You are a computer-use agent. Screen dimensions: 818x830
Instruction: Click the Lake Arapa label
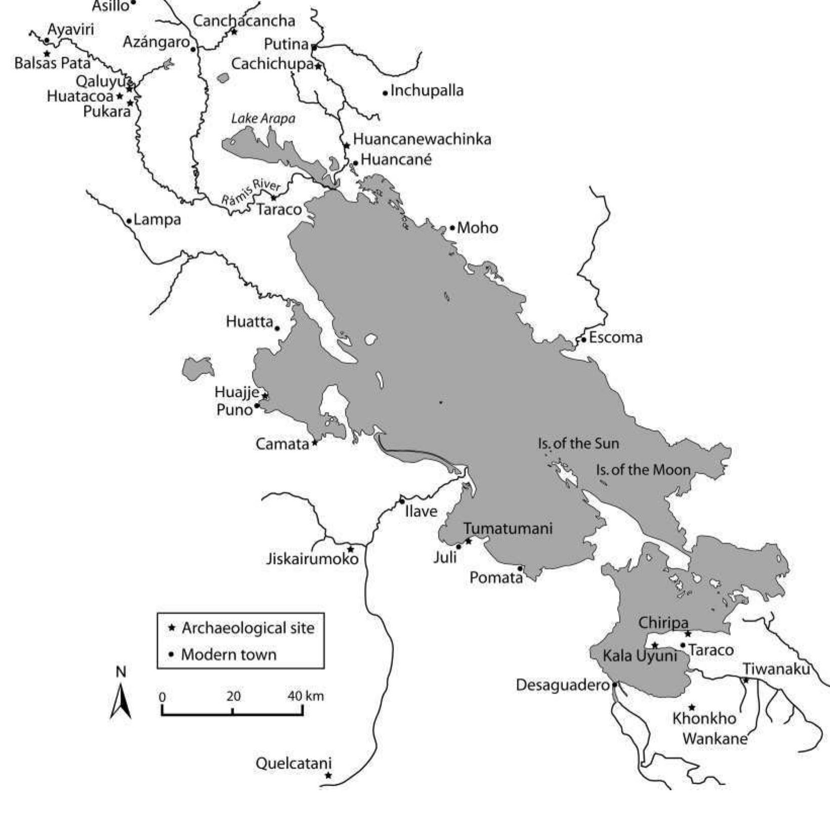coord(263,119)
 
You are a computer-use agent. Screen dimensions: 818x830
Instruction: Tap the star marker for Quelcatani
coord(328,775)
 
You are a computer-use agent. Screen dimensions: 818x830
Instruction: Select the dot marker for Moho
coord(452,228)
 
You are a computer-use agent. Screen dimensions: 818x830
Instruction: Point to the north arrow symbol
coord(121,700)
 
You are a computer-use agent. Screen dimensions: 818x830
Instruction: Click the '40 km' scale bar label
coord(305,696)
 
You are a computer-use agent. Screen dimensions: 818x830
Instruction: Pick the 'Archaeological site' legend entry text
coord(248,628)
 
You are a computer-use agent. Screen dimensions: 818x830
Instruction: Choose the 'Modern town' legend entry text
coord(229,655)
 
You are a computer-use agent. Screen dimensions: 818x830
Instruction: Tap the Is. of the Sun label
coord(578,444)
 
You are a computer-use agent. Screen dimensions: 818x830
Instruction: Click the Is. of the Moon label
coord(643,470)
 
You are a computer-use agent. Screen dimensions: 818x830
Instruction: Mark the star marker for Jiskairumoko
coord(351,549)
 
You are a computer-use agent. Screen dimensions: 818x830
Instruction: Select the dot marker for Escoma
coord(584,339)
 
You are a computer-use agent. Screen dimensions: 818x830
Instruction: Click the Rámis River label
coord(251,192)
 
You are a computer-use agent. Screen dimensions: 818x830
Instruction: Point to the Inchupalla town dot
coord(385,93)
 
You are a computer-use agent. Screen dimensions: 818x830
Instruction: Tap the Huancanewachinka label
coord(422,139)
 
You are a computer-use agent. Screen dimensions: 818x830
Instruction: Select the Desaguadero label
coord(563,685)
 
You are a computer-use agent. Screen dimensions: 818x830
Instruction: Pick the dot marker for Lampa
coord(129,221)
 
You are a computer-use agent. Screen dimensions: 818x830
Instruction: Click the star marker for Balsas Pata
coord(47,54)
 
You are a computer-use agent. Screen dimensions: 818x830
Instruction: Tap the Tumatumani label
coord(508,528)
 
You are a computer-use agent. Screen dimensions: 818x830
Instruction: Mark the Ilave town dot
coord(402,501)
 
